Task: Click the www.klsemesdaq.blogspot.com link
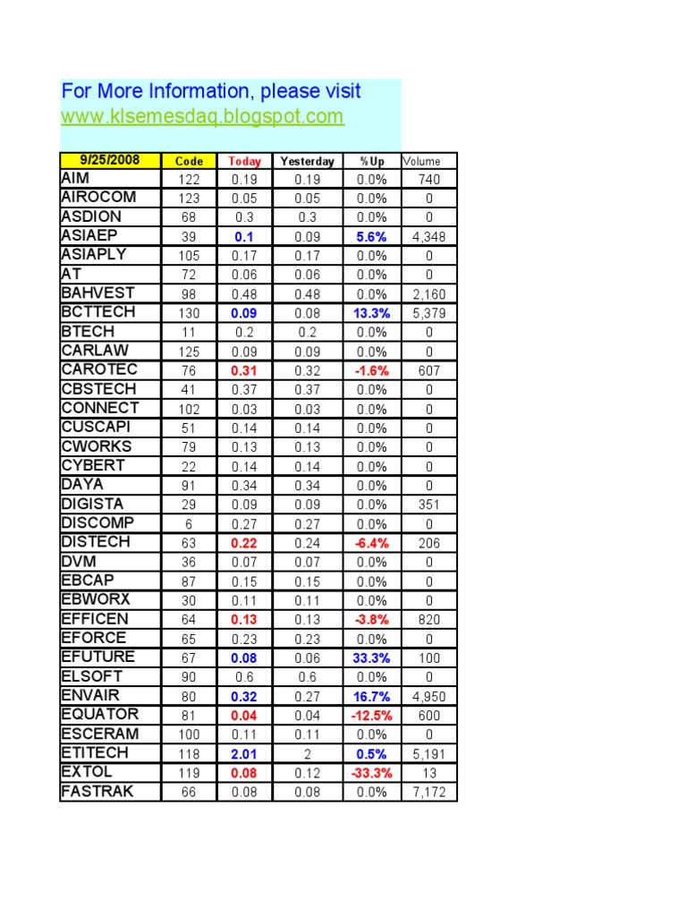pyautogui.click(x=202, y=116)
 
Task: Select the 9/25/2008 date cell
pyautogui.click(x=110, y=160)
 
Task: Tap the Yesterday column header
pyautogui.click(x=307, y=161)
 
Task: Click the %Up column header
pyautogui.click(x=371, y=161)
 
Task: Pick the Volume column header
pyautogui.click(x=422, y=161)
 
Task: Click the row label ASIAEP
pyautogui.click(x=91, y=235)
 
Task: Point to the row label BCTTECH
pyautogui.click(x=98, y=312)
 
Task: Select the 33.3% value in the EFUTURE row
pyautogui.click(x=371, y=657)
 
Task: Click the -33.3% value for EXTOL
pyautogui.click(x=369, y=772)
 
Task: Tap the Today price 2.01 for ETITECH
pyautogui.click(x=244, y=753)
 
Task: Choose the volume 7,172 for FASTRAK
pyautogui.click(x=429, y=792)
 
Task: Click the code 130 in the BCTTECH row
pyautogui.click(x=189, y=313)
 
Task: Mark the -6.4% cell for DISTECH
pyautogui.click(x=369, y=543)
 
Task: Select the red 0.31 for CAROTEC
pyautogui.click(x=244, y=370)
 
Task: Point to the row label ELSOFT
pyautogui.click(x=92, y=676)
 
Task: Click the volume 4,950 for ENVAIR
pyautogui.click(x=429, y=696)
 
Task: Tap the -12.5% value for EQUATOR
pyautogui.click(x=369, y=715)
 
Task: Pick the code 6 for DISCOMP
pyautogui.click(x=189, y=523)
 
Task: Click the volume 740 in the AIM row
pyautogui.click(x=429, y=180)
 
